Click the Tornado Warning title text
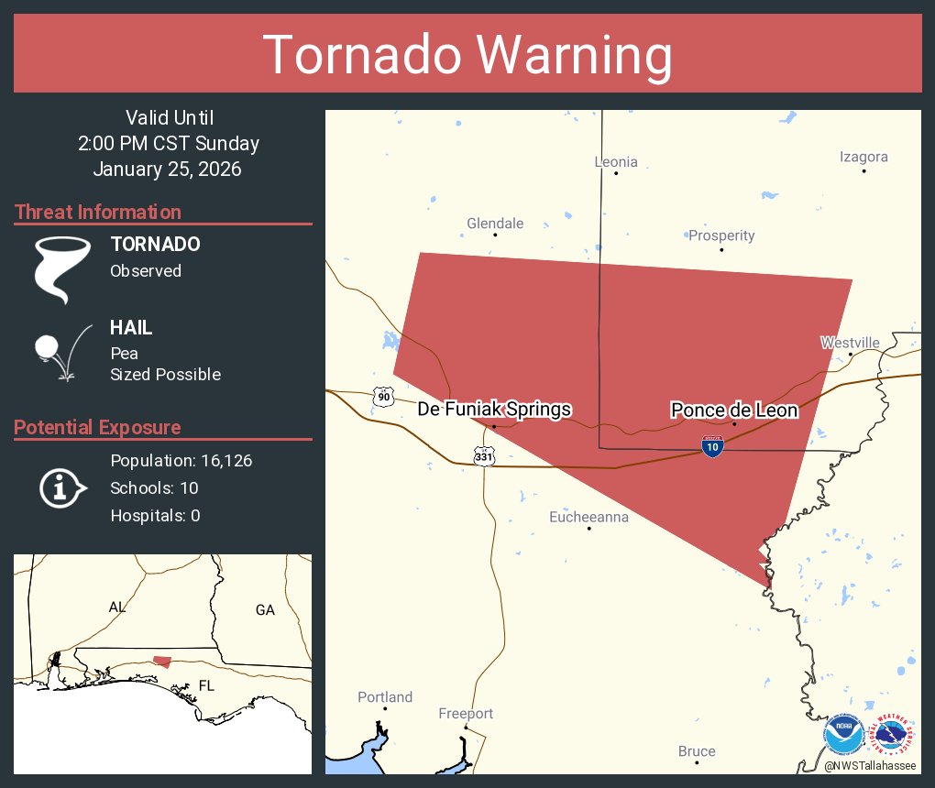tap(467, 55)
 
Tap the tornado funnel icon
tap(61, 269)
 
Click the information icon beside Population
tap(61, 488)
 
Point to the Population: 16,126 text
tap(181, 461)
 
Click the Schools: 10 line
tap(153, 488)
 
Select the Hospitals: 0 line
tap(155, 516)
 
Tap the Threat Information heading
tap(98, 213)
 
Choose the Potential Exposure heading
tap(97, 428)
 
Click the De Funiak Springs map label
tap(494, 410)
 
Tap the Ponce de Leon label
tap(733, 410)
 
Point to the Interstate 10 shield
tap(712, 446)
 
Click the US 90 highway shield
tap(383, 397)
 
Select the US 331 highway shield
tap(485, 455)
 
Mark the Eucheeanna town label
tap(588, 518)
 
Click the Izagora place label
tap(863, 157)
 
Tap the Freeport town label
tap(466, 714)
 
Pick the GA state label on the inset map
tap(265, 610)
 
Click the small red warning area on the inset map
tap(161, 661)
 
